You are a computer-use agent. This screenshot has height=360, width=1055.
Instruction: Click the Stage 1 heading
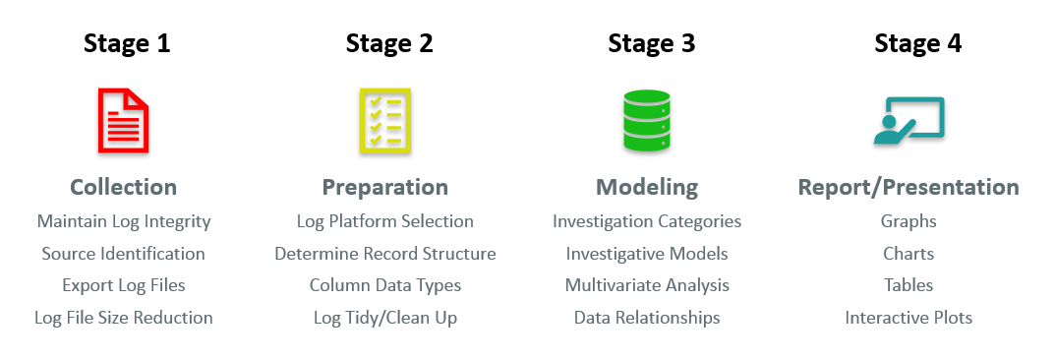(127, 43)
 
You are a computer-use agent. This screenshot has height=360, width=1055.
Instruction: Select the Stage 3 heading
(652, 43)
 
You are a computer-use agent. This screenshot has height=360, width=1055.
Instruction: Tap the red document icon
(124, 119)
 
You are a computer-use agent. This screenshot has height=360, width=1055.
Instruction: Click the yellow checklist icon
(385, 120)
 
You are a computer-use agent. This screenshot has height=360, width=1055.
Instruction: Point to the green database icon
(646, 120)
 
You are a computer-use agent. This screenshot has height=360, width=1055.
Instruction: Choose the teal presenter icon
(908, 120)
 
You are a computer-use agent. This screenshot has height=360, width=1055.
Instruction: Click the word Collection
(124, 187)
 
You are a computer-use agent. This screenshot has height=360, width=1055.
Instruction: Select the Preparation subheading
(385, 187)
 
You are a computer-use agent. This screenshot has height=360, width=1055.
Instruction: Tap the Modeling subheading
(647, 187)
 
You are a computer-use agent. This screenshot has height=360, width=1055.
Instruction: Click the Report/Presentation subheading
(908, 187)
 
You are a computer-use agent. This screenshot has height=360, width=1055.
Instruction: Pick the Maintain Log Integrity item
(124, 221)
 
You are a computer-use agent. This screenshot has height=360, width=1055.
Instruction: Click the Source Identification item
(124, 254)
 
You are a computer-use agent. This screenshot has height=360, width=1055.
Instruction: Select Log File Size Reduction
(124, 318)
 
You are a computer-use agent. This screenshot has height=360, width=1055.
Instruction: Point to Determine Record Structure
(385, 254)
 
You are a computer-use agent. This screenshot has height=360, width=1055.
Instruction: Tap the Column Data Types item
(385, 285)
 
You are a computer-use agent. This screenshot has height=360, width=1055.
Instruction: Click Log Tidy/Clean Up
(385, 318)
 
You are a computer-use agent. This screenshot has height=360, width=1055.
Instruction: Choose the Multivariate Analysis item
(647, 285)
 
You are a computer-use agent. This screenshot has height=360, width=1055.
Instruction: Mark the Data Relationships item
(647, 318)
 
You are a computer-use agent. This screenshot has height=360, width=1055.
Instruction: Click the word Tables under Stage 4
(908, 285)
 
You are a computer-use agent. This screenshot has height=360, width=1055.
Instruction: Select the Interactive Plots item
(908, 318)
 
